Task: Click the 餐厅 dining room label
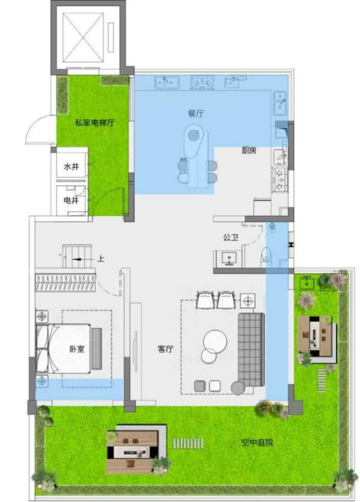(196, 114)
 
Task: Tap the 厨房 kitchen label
(249, 150)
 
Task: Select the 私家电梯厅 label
(95, 123)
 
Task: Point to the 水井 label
(72, 167)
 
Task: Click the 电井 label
(71, 200)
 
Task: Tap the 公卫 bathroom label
(231, 238)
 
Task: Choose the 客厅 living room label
(166, 349)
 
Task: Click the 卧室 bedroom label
(77, 349)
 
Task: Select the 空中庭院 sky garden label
(257, 443)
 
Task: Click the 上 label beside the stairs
(101, 258)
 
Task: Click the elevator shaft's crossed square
(84, 37)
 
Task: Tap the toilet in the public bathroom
(266, 256)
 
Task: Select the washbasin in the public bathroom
(229, 258)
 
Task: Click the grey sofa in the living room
(251, 350)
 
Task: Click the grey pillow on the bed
(96, 348)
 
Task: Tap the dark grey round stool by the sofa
(238, 388)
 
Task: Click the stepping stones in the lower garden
(188, 443)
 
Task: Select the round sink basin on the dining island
(193, 136)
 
